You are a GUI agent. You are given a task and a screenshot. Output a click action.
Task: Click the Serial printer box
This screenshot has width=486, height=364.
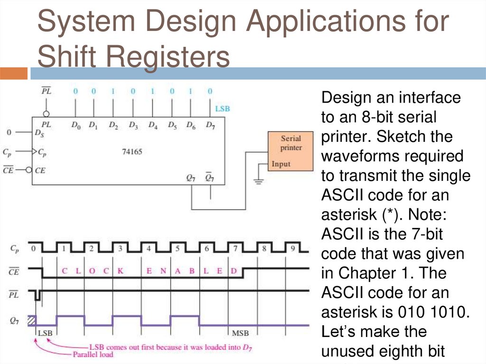[290, 151]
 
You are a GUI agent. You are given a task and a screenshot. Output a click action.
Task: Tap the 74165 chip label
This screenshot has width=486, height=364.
[132, 152]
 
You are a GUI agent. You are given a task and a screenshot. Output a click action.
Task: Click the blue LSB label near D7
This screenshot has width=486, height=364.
[222, 109]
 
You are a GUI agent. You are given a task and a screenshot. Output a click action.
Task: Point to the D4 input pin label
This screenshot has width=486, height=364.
[153, 126]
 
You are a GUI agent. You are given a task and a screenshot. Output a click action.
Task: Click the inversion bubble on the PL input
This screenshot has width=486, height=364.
[47, 114]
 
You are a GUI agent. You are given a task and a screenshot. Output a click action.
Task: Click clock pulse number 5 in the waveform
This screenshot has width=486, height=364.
[177, 248]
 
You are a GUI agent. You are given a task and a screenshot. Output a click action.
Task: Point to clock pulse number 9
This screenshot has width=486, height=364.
[292, 248]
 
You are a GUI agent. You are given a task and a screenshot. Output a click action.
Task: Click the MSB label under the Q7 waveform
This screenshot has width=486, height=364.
[240, 333]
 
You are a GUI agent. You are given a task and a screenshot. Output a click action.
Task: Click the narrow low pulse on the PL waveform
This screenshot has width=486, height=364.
[38, 296]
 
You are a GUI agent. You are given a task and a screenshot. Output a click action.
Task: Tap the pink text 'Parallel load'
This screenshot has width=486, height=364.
[93, 354]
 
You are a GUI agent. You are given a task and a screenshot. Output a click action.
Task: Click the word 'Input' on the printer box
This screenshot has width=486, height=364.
[280, 164]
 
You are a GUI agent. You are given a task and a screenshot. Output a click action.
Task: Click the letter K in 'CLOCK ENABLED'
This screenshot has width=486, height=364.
[121, 271]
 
